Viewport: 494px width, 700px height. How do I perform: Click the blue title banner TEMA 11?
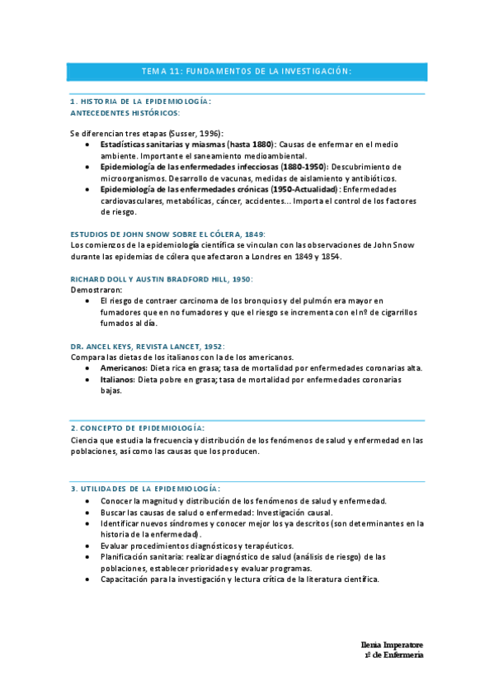247,72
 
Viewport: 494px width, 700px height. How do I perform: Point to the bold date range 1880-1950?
302,167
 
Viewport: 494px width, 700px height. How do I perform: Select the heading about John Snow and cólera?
168,234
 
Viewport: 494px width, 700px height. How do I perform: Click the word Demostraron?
96,291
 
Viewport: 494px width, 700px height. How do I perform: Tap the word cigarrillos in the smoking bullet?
394,313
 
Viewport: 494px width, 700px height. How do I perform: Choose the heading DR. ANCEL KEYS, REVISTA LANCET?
148,347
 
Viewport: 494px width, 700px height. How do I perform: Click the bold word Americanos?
124,368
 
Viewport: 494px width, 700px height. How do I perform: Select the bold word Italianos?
118,380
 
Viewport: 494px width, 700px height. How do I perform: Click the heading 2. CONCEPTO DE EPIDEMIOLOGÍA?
138,428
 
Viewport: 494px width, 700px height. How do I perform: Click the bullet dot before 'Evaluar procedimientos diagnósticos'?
88,546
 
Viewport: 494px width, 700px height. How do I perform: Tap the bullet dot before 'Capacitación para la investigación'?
88,579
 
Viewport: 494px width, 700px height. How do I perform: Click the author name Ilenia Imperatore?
392,644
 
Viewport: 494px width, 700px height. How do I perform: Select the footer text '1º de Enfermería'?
393,655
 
